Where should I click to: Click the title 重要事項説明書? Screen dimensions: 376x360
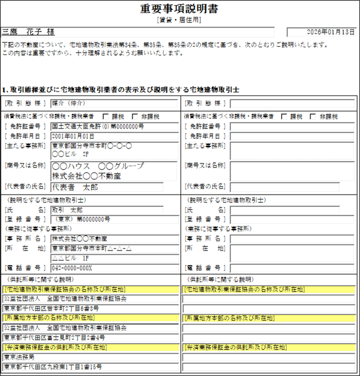[x=180, y=10]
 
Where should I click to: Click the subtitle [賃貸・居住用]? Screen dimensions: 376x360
[x=180, y=20]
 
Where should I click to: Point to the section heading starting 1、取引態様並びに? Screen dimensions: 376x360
[x=120, y=90]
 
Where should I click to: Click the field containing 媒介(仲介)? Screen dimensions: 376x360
[x=69, y=103]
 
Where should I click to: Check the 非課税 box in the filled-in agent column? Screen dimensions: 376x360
[x=135, y=117]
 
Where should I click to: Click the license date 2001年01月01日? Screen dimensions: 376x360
[x=73, y=136]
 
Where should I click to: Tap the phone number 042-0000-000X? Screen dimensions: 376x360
[x=72, y=268]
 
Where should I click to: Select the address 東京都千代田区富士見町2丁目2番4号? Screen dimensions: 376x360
[x=55, y=337]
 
